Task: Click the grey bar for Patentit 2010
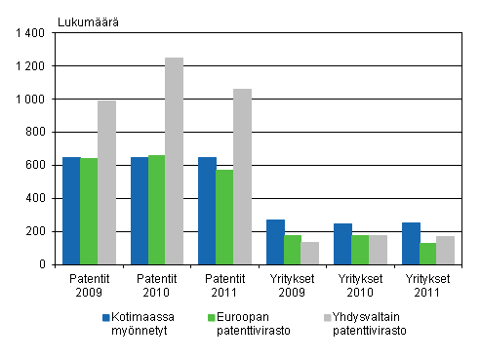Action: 174,161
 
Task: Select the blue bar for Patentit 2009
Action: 71,211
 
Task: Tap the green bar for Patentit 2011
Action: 224,217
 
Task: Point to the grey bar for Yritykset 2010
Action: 378,250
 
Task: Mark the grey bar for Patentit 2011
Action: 242,177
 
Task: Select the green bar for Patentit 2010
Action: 156,210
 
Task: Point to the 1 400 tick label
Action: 30,33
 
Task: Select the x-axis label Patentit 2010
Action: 156,283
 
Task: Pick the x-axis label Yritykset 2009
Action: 293,283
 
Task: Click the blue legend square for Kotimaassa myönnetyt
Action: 105,317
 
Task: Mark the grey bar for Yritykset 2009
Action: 310,253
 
